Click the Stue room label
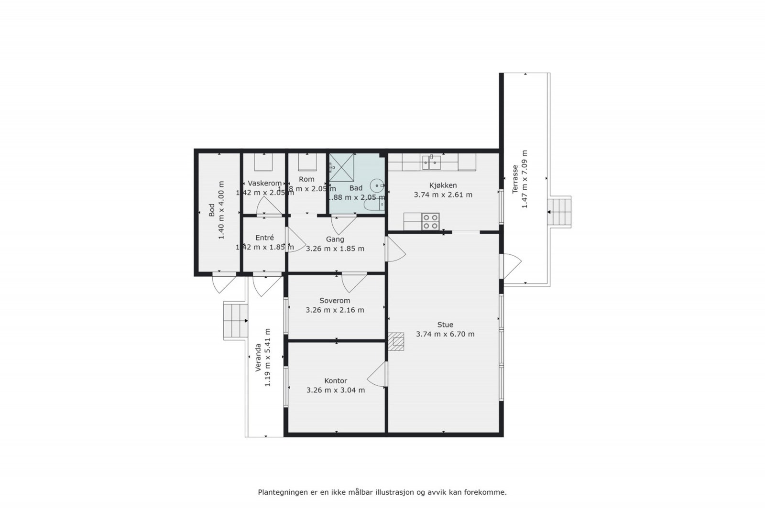(445, 325)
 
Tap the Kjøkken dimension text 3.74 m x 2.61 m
(443, 195)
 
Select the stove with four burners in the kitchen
(430, 221)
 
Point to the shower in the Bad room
(341, 167)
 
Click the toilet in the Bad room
(373, 205)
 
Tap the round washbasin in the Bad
(378, 184)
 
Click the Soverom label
(335, 301)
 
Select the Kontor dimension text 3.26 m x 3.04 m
(335, 390)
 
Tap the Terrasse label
(515, 179)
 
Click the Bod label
(212, 210)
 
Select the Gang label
(335, 239)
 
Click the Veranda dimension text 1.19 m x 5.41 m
(268, 358)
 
